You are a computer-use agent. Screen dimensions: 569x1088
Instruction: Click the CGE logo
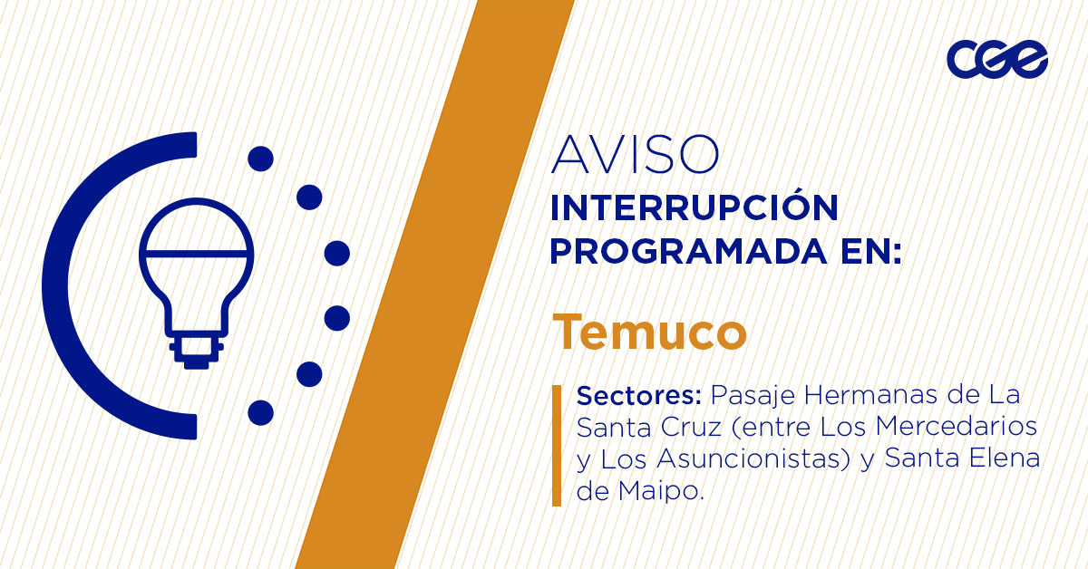pyautogui.click(x=997, y=60)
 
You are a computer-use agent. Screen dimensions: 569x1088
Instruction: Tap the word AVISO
pyautogui.click(x=635, y=155)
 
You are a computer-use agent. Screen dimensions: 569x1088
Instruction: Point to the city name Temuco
pyautogui.click(x=650, y=332)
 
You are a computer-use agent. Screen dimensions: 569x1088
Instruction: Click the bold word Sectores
pyautogui.click(x=640, y=397)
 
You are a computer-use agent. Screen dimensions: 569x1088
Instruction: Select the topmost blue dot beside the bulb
pyautogui.click(x=260, y=159)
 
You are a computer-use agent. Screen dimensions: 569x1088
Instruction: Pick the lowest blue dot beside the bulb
pyautogui.click(x=260, y=412)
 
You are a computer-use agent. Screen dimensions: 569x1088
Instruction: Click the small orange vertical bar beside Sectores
pyautogui.click(x=556, y=445)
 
